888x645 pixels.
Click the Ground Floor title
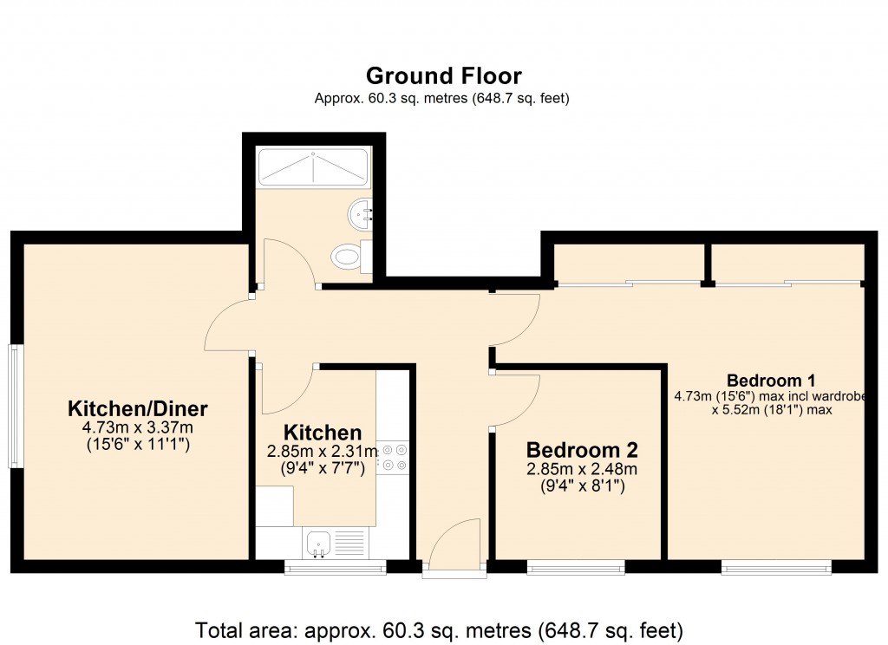click(443, 75)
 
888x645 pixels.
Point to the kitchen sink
click(319, 544)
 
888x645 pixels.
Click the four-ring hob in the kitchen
click(395, 457)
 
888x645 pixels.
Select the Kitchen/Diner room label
click(138, 408)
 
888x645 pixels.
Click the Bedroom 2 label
click(582, 450)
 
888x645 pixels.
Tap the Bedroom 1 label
click(771, 380)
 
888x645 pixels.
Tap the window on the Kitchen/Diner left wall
click(16, 406)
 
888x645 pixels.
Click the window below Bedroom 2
click(576, 568)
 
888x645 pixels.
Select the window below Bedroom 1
click(776, 568)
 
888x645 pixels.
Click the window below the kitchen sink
click(335, 568)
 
